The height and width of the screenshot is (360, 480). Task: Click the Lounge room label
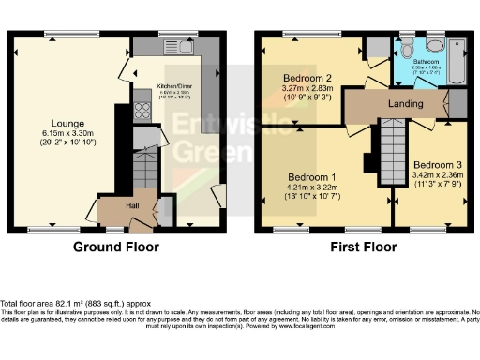pyautogui.click(x=67, y=123)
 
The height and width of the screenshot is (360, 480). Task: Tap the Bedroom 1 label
pyautogui.click(x=313, y=176)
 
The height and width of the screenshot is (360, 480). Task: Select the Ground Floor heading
pyautogui.click(x=116, y=248)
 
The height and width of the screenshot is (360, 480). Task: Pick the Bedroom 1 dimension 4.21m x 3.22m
pyautogui.click(x=313, y=187)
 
